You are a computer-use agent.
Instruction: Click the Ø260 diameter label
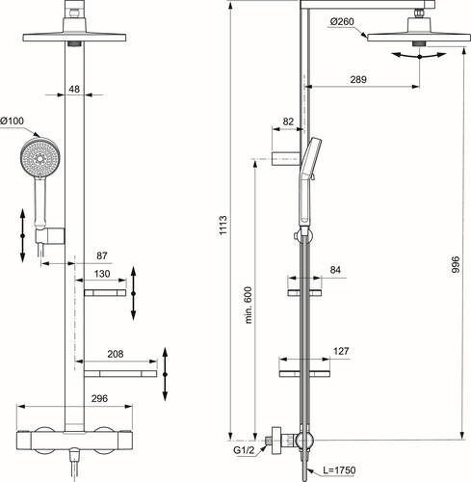click(x=342, y=21)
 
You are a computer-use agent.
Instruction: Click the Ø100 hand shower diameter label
click(x=12, y=120)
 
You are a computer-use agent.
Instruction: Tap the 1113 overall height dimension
click(x=223, y=226)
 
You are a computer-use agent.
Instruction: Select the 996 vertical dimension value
click(x=456, y=264)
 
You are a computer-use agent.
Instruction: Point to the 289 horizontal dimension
click(x=358, y=79)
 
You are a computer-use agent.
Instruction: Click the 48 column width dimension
click(x=74, y=89)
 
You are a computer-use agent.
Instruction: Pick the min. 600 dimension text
click(x=249, y=305)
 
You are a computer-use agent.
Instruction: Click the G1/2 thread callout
click(x=244, y=450)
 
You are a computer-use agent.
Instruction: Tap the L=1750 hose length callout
click(x=339, y=470)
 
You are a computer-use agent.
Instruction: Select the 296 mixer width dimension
click(x=99, y=398)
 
